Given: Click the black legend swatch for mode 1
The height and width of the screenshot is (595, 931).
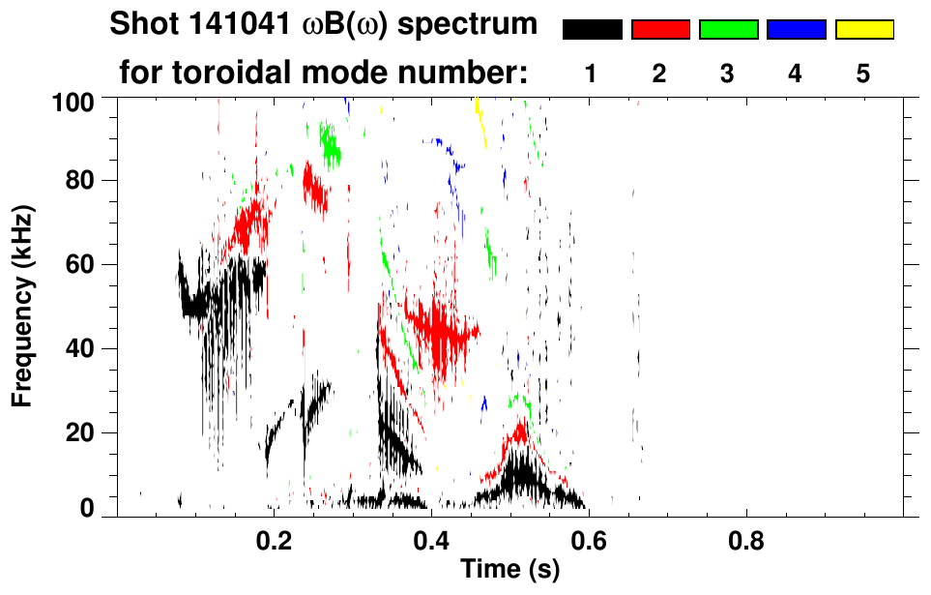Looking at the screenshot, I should (x=592, y=30).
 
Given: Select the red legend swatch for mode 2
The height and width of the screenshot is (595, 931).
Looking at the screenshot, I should (x=660, y=30).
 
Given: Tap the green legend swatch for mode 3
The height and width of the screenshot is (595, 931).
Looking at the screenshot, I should (x=728, y=30).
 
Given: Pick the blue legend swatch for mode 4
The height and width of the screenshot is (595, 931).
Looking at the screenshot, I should (x=796, y=30).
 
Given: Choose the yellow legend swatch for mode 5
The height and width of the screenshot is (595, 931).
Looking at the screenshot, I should (x=863, y=30).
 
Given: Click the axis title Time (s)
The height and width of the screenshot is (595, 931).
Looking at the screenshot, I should (x=509, y=571).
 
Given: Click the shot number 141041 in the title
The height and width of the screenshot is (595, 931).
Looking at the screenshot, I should (x=240, y=24).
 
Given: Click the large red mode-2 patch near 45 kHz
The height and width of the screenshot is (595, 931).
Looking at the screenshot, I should (x=440, y=329).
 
